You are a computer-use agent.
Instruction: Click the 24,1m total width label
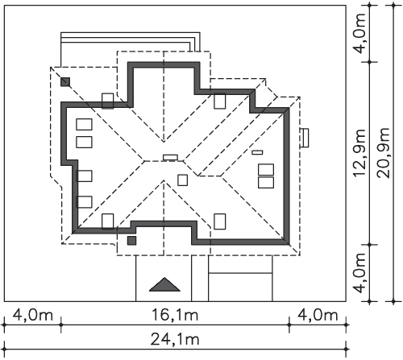(x=175, y=339)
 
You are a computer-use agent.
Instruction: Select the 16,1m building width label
(x=175, y=315)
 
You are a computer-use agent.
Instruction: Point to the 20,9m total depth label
(x=384, y=153)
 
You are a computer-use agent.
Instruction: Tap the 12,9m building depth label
(x=359, y=153)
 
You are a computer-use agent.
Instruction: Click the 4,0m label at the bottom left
(x=33, y=315)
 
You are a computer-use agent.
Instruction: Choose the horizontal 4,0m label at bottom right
(x=318, y=315)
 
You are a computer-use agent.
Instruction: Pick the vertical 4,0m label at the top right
(x=359, y=33)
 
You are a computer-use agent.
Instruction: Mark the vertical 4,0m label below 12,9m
(x=359, y=273)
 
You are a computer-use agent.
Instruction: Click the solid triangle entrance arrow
(x=164, y=285)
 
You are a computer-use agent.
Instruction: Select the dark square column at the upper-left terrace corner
(x=65, y=82)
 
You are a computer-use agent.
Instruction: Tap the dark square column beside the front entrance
(x=131, y=241)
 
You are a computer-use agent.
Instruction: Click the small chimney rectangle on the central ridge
(x=171, y=158)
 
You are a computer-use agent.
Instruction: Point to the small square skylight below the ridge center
(x=183, y=180)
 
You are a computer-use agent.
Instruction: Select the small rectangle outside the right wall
(x=305, y=138)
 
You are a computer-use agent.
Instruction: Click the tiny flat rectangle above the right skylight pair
(x=257, y=152)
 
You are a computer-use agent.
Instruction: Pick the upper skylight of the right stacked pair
(x=266, y=170)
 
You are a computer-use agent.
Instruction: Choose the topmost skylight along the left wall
(x=84, y=125)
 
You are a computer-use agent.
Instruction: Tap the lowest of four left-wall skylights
(x=84, y=202)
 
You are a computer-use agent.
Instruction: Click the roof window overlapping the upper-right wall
(x=220, y=101)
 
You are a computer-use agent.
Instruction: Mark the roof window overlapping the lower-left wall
(x=108, y=221)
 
